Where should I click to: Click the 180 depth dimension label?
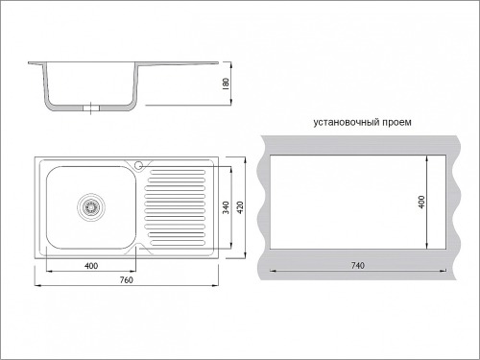[226, 84]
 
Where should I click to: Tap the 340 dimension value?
[226, 207]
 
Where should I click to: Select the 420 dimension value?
[240, 207]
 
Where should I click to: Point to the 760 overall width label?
[127, 280]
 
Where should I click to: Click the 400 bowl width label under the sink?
[91, 266]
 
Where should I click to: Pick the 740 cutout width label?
[358, 265]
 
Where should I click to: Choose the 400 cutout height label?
[421, 202]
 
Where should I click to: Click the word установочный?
[347, 122]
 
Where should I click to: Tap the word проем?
[396, 122]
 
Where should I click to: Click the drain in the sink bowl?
[91, 207]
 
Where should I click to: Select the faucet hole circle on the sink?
[138, 165]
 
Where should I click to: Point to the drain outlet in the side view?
[91, 108]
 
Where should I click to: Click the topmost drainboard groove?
[178, 172]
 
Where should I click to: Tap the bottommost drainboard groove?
[178, 243]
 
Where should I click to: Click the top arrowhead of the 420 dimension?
[245, 160]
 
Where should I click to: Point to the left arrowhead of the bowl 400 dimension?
[50, 272]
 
